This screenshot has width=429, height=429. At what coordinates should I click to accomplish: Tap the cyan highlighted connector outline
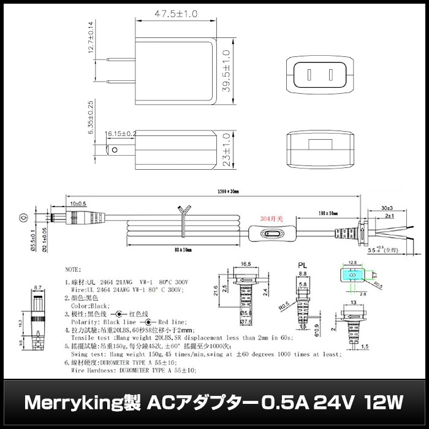(x=352, y=276)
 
